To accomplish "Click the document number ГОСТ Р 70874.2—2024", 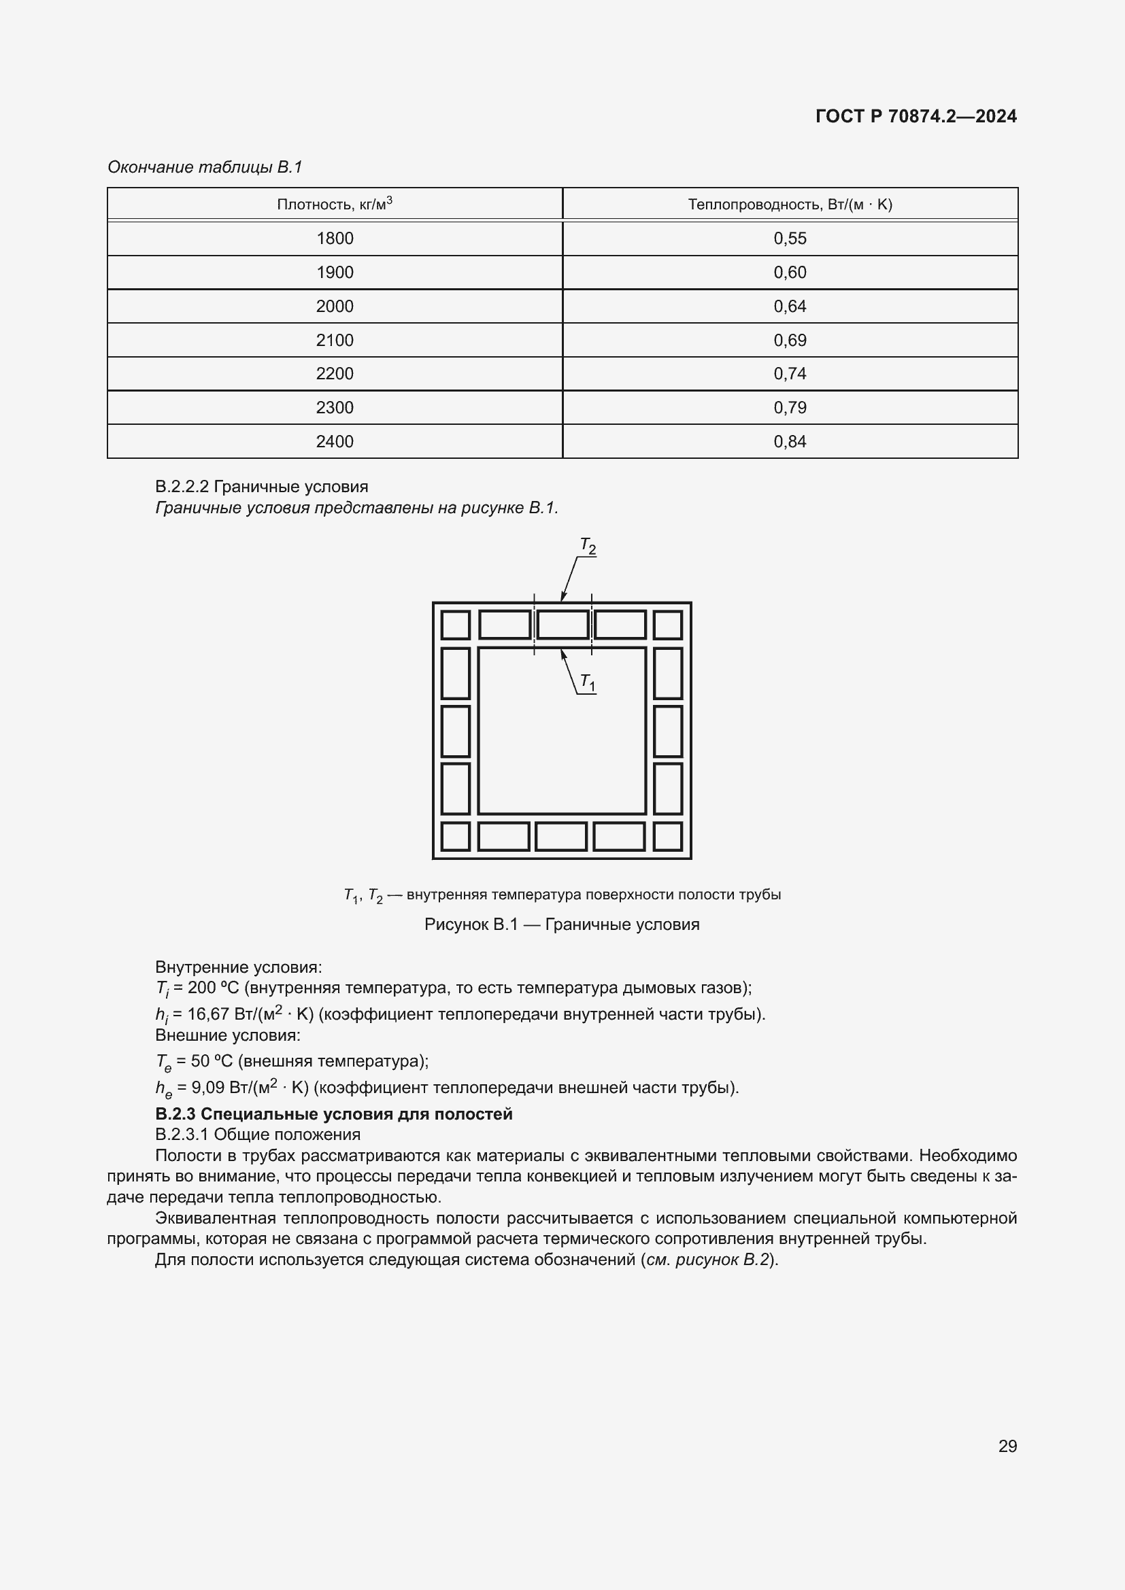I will click(x=916, y=116).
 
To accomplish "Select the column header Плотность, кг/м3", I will click(x=335, y=205).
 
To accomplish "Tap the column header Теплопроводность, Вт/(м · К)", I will click(x=790, y=205).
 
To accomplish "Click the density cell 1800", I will click(x=335, y=238).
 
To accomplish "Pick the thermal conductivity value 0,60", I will click(x=790, y=272).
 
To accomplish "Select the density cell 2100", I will click(x=335, y=340).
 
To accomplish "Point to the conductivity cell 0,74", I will click(x=790, y=374).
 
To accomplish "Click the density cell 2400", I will click(x=335, y=441).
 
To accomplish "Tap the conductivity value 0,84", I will click(x=790, y=441).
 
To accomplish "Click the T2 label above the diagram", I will click(x=588, y=547).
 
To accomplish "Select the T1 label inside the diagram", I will click(x=588, y=682).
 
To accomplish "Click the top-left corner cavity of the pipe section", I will click(x=455, y=625).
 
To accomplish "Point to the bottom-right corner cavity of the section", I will click(x=668, y=837).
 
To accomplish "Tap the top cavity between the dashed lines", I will click(x=562, y=625).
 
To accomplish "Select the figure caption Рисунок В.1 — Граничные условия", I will click(x=562, y=924).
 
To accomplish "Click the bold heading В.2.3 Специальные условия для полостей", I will click(x=334, y=1114).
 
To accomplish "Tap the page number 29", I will click(x=1007, y=1446).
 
